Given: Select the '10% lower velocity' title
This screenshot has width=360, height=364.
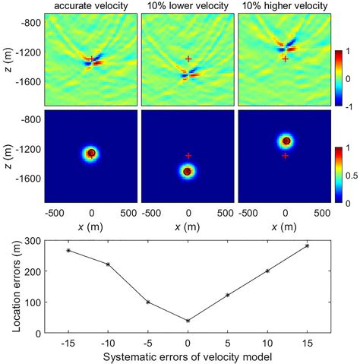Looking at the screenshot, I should [188, 7].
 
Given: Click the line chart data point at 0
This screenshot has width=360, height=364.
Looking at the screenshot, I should [188, 320].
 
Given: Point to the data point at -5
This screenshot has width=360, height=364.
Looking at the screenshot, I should [148, 302].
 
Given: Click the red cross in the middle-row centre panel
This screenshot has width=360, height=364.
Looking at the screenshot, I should [188, 155].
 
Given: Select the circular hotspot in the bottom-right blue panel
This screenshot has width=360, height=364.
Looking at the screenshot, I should [286, 141].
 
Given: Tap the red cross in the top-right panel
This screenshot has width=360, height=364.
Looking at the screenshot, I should [285, 59].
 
